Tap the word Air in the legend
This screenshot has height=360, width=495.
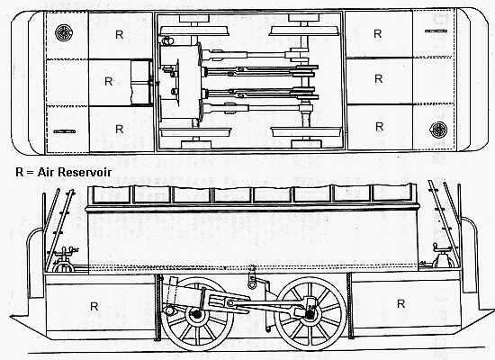coord(46,172)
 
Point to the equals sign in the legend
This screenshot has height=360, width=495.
coord(31,173)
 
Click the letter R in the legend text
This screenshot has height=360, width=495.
coord(20,172)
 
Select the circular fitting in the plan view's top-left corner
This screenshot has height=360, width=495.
coord(64,32)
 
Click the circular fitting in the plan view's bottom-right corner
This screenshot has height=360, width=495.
coord(438,130)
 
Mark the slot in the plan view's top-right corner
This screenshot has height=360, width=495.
coord(436,31)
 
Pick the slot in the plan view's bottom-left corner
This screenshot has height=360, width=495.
coord(65,131)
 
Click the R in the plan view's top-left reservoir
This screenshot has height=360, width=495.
coord(120,35)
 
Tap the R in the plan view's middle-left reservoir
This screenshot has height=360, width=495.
coord(108,82)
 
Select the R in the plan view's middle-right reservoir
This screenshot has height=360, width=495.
coord(378,78)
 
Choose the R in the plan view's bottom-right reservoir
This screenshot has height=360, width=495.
coord(379,127)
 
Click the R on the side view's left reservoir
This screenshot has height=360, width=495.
coord(94,306)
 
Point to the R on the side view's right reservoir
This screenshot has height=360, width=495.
coord(400,304)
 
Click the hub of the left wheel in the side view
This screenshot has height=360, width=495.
coord(197,314)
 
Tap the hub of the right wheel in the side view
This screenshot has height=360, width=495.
coord(310,313)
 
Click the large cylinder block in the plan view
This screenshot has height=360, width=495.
coord(180,82)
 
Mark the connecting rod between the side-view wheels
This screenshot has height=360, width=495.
coord(268,304)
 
